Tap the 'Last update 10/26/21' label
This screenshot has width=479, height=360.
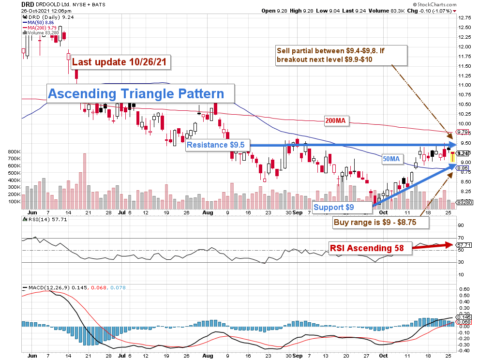pyautogui.click(x=120, y=62)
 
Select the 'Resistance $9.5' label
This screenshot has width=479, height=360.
pyautogui.click(x=219, y=145)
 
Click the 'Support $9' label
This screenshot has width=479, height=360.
pyautogui.click(x=334, y=208)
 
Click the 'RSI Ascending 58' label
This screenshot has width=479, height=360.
pyautogui.click(x=367, y=248)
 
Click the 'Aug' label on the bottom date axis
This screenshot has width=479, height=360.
pyautogui.click(x=208, y=212)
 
